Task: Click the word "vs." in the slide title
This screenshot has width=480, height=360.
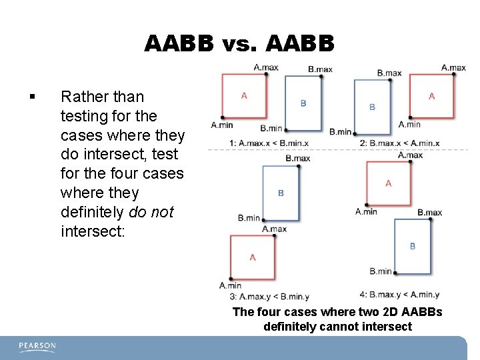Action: pos(240,44)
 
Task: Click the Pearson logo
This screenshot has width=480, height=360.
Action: pos(38,347)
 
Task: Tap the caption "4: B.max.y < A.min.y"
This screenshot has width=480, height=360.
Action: pos(399,295)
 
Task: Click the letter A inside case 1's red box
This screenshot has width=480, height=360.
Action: pos(244,96)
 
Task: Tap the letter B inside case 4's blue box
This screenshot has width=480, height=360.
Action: pos(413,246)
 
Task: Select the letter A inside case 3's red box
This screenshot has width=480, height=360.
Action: pos(253,257)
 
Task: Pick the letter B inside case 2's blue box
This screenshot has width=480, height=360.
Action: pos(372,107)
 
